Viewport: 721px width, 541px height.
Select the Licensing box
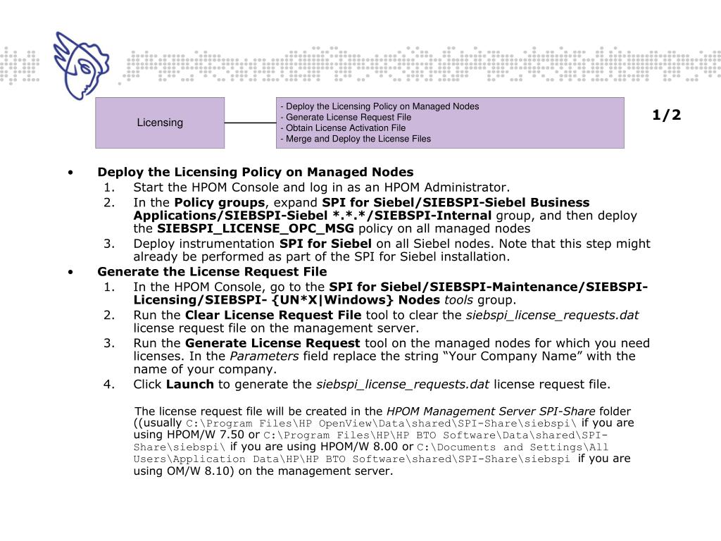click(160, 123)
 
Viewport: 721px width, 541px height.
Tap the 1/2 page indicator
click(666, 115)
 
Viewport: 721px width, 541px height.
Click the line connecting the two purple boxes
click(250, 123)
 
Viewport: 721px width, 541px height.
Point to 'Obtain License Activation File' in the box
click(343, 128)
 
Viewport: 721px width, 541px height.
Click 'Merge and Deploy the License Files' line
click(356, 139)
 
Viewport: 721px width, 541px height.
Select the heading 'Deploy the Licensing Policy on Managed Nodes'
click(256, 172)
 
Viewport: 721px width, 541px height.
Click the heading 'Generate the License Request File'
click(212, 271)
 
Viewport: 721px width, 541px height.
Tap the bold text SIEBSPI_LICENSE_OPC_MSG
click(255, 228)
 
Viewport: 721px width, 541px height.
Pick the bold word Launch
click(190, 384)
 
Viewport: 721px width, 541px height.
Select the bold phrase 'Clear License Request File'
click(273, 315)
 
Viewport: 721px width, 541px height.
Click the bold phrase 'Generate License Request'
click(272, 343)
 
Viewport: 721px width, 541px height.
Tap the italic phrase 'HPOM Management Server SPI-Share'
click(491, 411)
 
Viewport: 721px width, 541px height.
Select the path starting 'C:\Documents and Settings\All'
click(513, 447)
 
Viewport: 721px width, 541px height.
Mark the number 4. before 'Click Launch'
click(108, 384)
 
